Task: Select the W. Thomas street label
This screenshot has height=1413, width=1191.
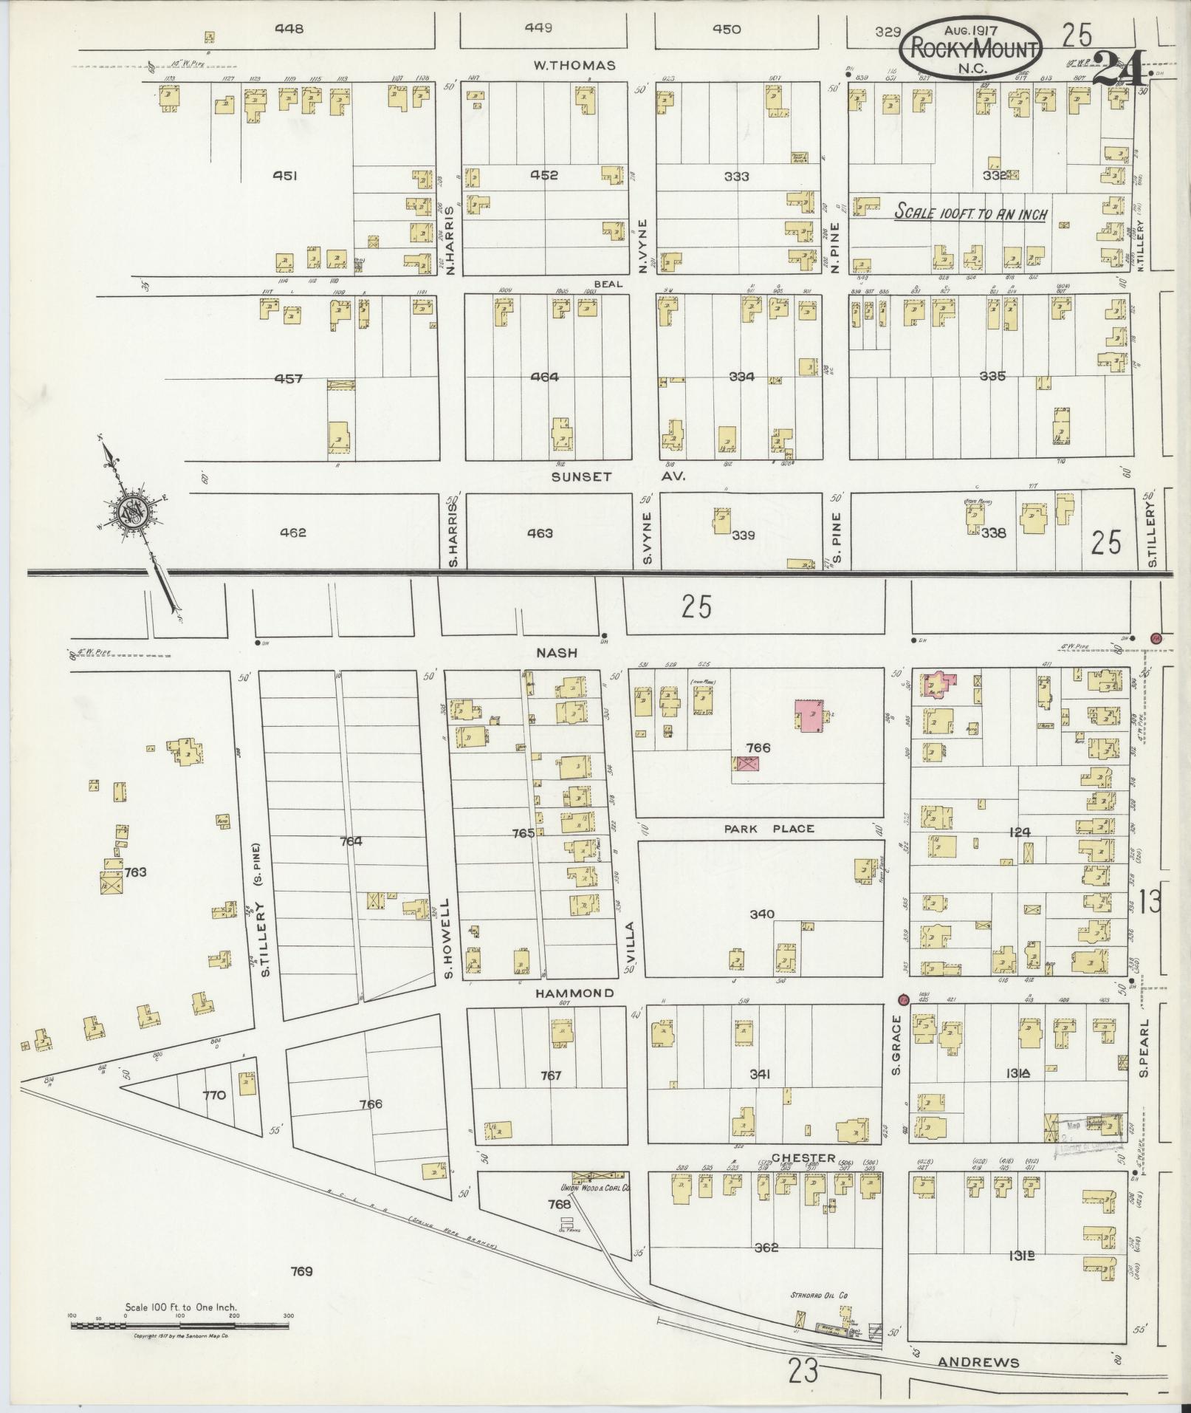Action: pyautogui.click(x=574, y=65)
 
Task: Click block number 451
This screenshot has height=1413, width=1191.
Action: pyautogui.click(x=284, y=176)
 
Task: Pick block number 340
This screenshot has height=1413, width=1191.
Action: pyautogui.click(x=762, y=914)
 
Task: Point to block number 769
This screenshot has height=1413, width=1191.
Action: pyautogui.click(x=301, y=1271)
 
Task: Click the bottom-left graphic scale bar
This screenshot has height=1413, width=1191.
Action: pyautogui.click(x=181, y=1326)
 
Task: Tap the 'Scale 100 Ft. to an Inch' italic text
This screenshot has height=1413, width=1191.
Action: pyautogui.click(x=971, y=213)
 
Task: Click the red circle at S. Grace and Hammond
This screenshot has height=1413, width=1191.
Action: pyautogui.click(x=902, y=1000)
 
